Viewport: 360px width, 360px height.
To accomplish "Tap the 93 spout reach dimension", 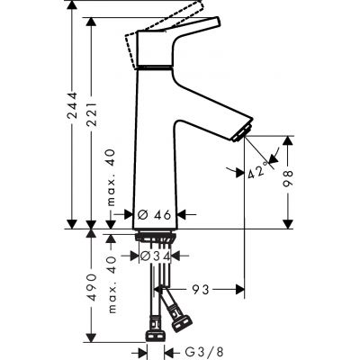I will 202,290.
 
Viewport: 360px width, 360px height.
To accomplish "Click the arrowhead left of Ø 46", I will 130,215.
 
